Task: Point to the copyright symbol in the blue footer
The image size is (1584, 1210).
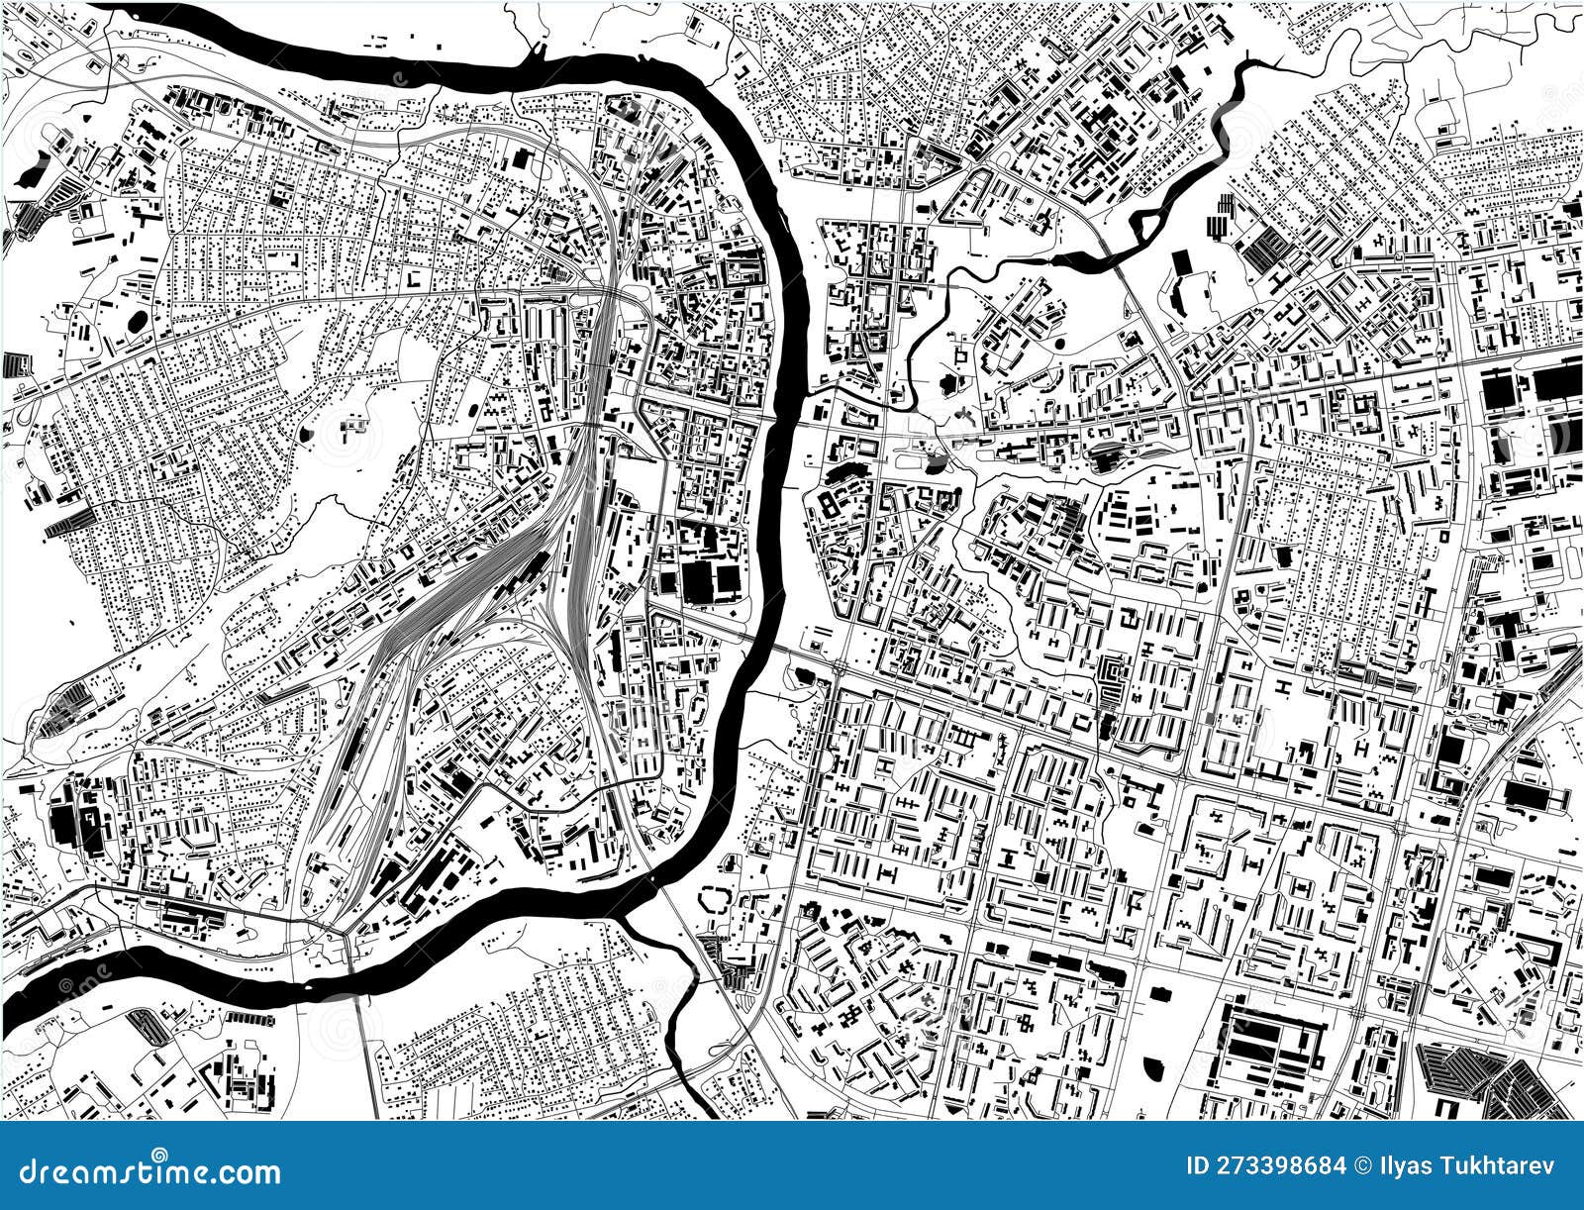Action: [1337, 1165]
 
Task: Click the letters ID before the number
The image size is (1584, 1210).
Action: [1201, 1165]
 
